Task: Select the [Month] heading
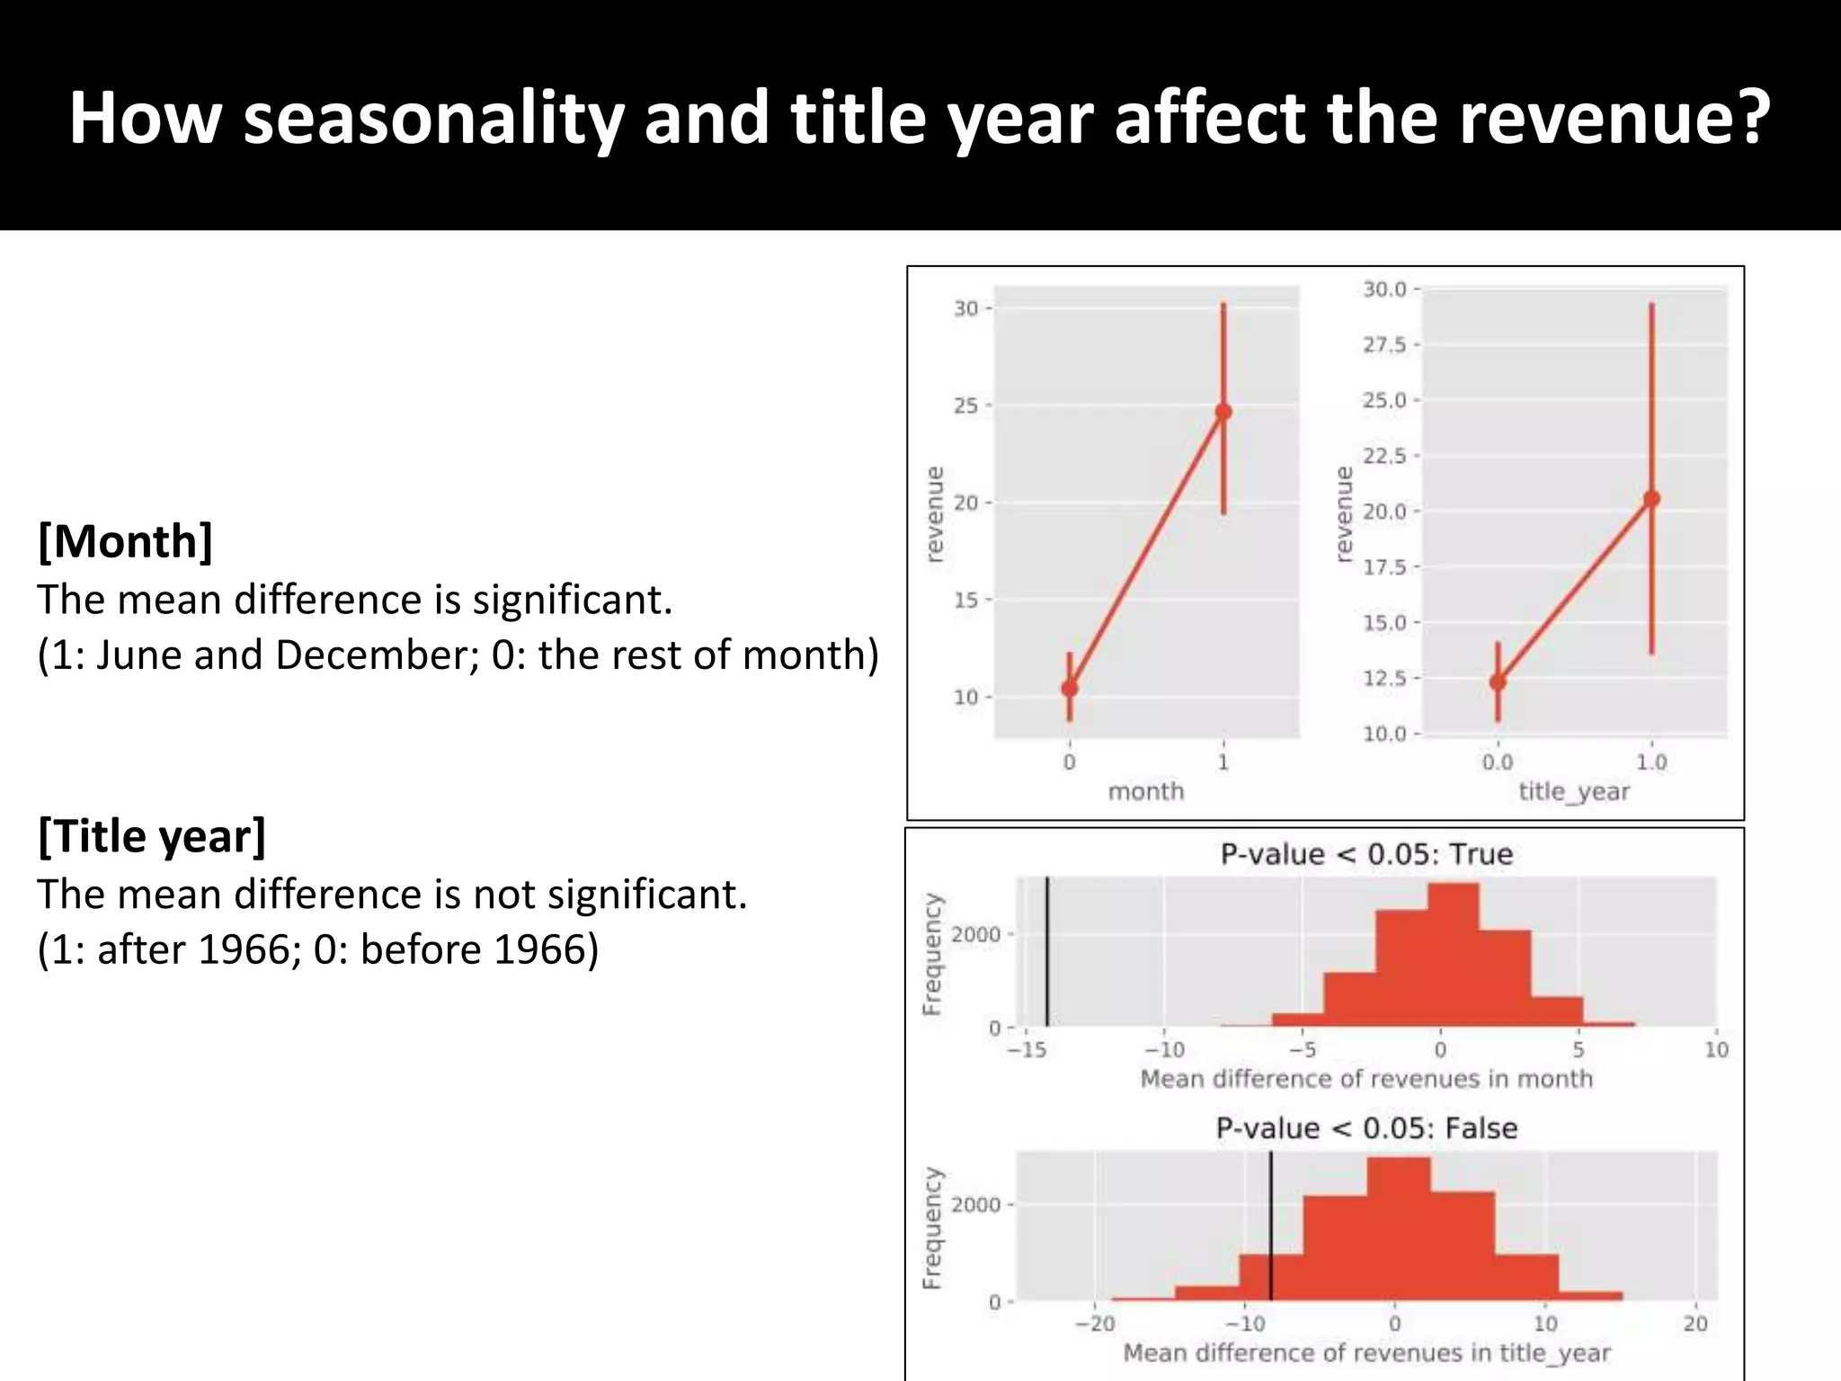tap(125, 541)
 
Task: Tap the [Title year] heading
tap(152, 836)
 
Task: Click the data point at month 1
tap(1223, 412)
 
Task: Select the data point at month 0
tap(1070, 689)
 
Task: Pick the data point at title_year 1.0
tap(1651, 499)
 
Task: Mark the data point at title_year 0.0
tap(1498, 682)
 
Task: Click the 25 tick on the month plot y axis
tap(966, 405)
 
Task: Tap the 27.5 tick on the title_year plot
tap(1384, 345)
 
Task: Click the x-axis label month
tap(1145, 791)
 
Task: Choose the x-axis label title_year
tap(1574, 791)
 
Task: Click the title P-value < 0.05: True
tap(1366, 854)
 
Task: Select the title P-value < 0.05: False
tap(1366, 1128)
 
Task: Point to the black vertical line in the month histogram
tap(1047, 953)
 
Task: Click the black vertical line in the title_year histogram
tap(1271, 1227)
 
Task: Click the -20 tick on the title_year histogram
tap(1096, 1323)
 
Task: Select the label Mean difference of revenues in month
tap(1366, 1079)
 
